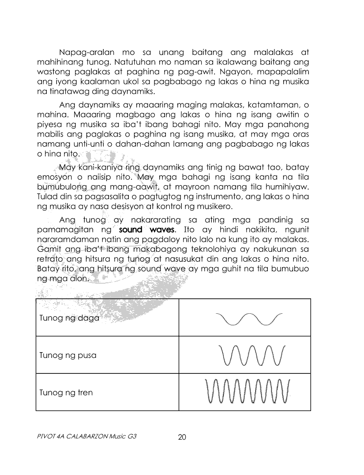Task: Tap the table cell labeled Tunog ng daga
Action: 69,318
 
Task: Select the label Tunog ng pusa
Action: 68,355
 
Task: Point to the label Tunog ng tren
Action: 66,392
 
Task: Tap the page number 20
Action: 182,437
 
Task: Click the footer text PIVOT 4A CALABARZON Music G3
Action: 86,437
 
